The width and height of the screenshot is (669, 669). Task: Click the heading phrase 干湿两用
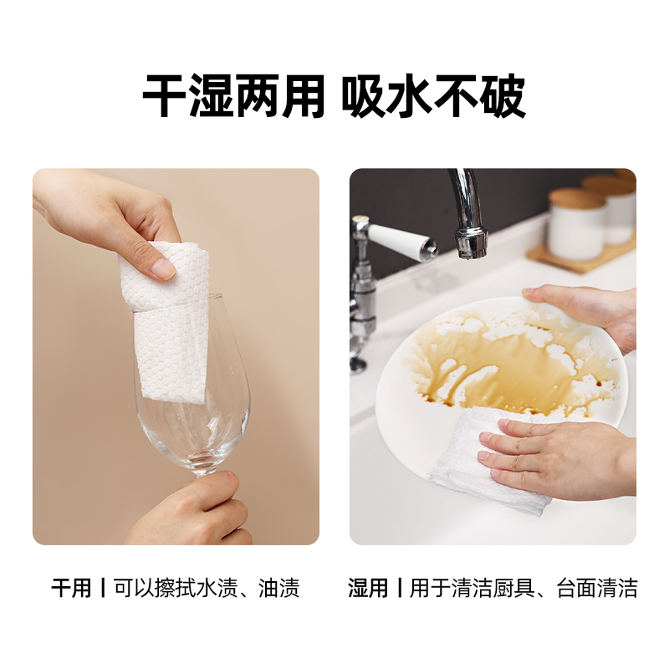click(233, 96)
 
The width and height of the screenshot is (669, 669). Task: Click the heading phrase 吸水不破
click(433, 96)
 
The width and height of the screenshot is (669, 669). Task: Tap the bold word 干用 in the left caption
click(71, 589)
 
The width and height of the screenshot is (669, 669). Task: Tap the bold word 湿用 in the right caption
click(368, 589)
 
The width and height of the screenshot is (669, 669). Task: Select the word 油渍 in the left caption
click(279, 589)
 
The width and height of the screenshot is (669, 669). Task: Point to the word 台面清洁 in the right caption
click(597, 589)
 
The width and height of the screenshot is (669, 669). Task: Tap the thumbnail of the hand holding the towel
click(164, 268)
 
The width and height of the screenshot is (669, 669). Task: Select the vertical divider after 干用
click(102, 589)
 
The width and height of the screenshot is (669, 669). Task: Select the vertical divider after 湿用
click(400, 589)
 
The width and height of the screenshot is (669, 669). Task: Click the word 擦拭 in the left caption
click(176, 589)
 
